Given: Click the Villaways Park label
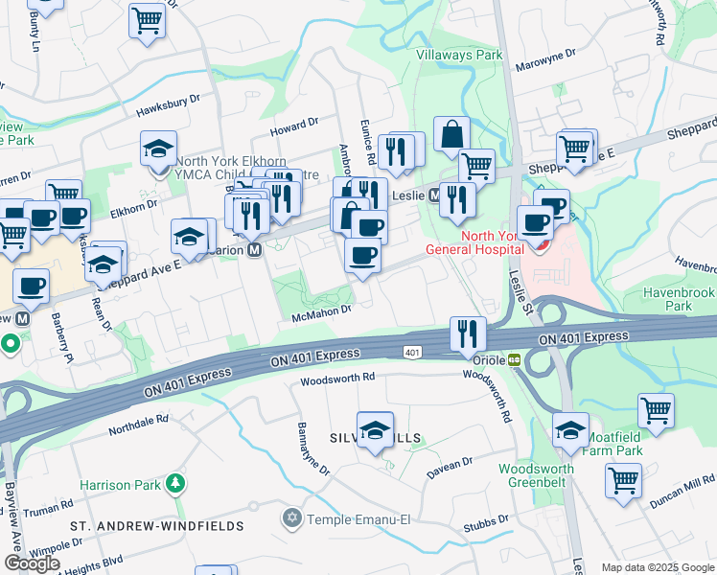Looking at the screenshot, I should (459, 56).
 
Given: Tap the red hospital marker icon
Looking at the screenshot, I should (540, 246).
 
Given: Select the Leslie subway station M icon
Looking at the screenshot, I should (433, 195).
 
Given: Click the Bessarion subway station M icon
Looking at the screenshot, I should (255, 249).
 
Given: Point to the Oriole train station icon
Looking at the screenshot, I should (515, 360).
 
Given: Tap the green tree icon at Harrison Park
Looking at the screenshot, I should (173, 484).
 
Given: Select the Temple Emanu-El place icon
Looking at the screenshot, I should (293, 520).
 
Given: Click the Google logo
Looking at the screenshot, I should (32, 563).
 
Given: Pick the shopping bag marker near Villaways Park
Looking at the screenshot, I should (451, 135).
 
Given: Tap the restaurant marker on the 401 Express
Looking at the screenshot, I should (467, 333).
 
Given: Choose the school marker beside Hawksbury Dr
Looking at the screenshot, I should (158, 149).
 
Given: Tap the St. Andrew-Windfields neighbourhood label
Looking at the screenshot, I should (156, 526).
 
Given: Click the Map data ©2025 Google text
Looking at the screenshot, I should (657, 566).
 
